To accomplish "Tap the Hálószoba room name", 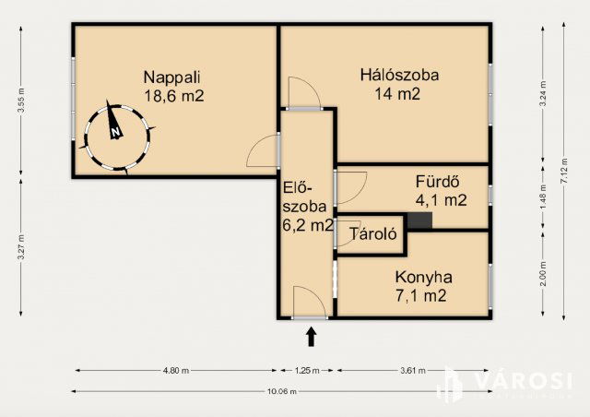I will (398, 75).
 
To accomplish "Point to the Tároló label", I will (372, 234).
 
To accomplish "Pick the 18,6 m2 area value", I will (173, 95).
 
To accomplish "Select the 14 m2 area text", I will (397, 93).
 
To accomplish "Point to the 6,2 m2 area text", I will (308, 224).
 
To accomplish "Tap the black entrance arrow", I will (311, 337).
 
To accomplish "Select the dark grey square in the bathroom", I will (419, 220).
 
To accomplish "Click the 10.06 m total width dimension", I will (280, 390).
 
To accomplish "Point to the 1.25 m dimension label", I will (307, 371).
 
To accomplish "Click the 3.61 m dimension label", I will (413, 371).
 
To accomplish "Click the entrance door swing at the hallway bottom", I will (305, 302).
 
